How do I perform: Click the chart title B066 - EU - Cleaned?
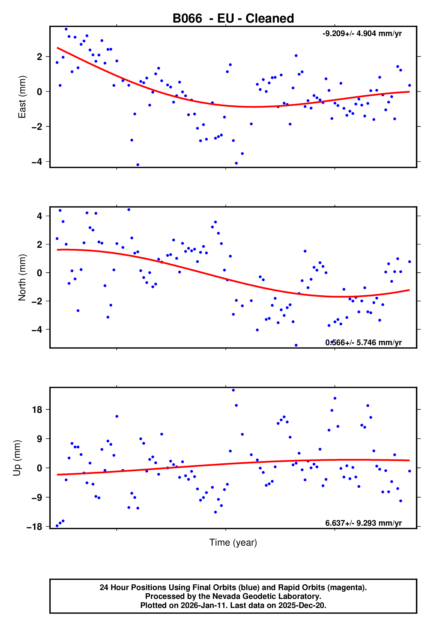click(x=233, y=19)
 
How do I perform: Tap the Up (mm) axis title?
click(x=17, y=458)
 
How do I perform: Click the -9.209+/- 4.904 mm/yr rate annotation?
click(x=362, y=33)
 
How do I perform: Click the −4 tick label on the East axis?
click(x=37, y=162)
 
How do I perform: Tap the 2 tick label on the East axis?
click(x=40, y=57)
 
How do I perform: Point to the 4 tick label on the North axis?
click(x=40, y=216)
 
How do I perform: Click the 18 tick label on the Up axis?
click(x=37, y=410)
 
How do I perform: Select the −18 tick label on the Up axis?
click(x=34, y=527)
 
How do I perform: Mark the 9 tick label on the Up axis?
click(x=40, y=439)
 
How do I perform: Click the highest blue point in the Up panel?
click(x=233, y=390)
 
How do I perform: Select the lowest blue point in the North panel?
click(x=296, y=345)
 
